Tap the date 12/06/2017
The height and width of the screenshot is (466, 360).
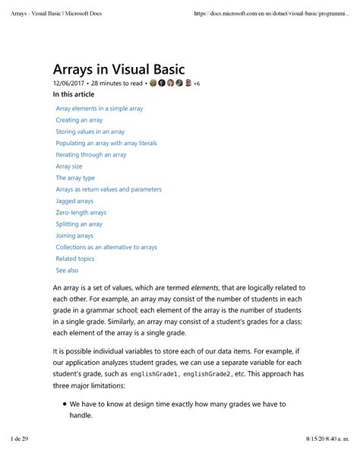(68, 83)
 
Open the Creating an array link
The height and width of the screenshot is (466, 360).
(80, 120)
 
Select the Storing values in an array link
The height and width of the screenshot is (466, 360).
(90, 132)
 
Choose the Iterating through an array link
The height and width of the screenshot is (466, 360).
(90, 154)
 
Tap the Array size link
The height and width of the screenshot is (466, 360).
(70, 166)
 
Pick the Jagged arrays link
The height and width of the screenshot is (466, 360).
(75, 201)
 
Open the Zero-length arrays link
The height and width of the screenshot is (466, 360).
(81, 213)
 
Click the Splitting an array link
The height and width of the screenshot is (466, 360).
(79, 224)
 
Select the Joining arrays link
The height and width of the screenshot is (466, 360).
(74, 236)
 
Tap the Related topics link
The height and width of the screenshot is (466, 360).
(75, 258)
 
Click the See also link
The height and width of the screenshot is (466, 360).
(67, 270)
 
